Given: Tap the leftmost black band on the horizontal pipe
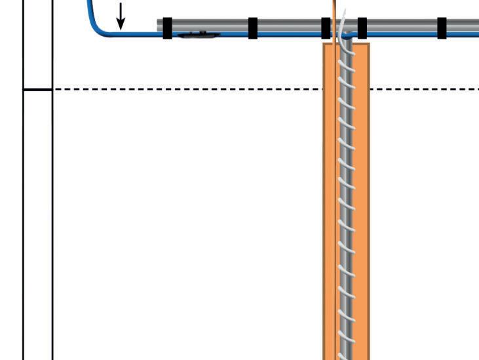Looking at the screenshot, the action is tap(167, 28).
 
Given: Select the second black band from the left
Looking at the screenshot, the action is tap(253, 28).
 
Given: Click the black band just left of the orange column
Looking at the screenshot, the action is tap(326, 28).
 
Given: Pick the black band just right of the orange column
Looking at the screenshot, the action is tap(362, 28).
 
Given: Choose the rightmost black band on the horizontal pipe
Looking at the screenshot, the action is tap(442, 28).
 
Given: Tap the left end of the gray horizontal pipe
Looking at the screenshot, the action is tap(160, 25).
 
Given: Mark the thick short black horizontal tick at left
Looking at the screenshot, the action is tap(37, 89).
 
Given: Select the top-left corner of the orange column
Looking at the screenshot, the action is tap(324, 45).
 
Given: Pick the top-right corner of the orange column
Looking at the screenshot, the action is tap(368, 45).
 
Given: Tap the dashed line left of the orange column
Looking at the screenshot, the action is tap(190, 89).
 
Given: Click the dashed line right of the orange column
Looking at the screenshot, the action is tap(426, 89).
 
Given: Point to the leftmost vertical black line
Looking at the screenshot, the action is tap(24, 197).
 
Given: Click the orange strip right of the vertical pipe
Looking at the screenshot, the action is tap(362, 197).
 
